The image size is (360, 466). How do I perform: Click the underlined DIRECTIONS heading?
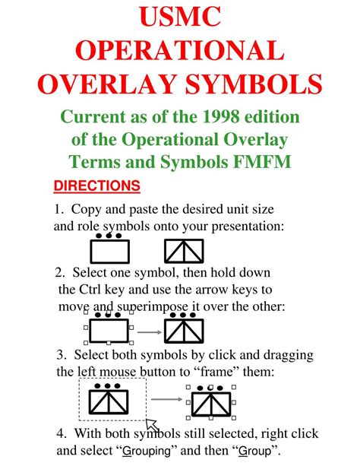(x=97, y=185)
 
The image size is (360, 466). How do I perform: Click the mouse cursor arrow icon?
(x=151, y=424)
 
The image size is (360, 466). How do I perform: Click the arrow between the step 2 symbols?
(x=148, y=332)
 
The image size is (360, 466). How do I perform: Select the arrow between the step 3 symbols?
(x=167, y=399)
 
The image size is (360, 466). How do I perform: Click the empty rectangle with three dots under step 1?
(x=110, y=249)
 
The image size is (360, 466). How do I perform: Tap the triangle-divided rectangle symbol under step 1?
(x=185, y=250)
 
